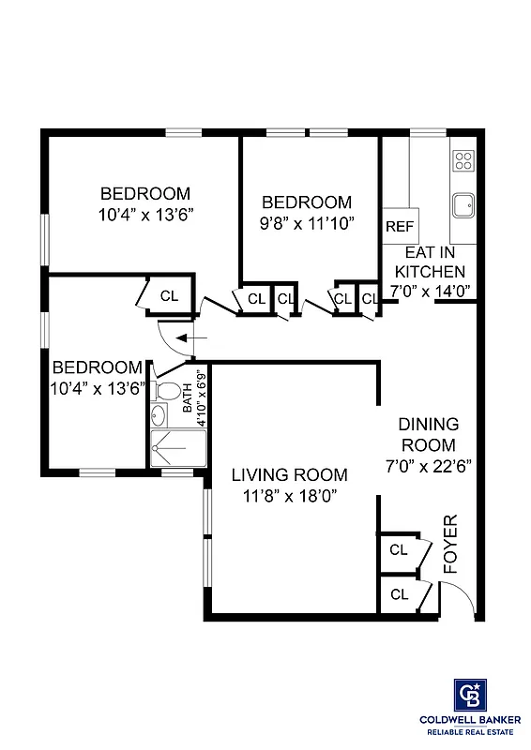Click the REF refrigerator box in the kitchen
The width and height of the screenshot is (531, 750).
[400, 226]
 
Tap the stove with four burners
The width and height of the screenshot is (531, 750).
[463, 160]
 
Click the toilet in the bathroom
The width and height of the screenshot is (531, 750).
[169, 389]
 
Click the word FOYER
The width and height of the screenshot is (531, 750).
[449, 543]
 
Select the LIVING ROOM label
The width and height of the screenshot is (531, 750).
[289, 475]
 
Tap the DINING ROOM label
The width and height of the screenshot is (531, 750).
[428, 434]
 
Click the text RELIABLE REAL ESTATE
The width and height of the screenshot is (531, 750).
[470, 731]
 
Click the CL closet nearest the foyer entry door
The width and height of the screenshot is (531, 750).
[399, 593]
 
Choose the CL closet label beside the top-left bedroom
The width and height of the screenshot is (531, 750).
[169, 295]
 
